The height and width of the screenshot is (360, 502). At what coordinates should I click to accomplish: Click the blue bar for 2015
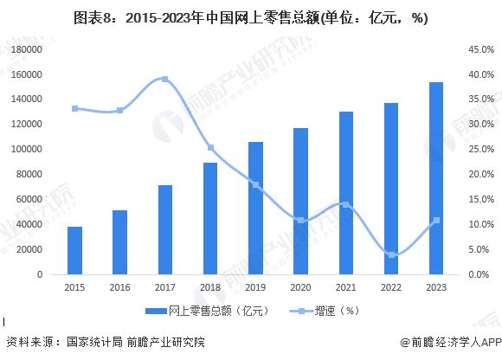tap(75, 251)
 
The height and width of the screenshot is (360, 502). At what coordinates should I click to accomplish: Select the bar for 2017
tap(164, 230)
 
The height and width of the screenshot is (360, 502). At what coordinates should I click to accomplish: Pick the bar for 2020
tap(300, 202)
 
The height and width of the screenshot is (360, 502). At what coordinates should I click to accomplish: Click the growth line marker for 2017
tap(164, 80)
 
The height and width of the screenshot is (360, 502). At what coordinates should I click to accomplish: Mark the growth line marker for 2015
tap(75, 108)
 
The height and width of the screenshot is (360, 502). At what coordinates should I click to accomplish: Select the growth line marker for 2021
tap(345, 204)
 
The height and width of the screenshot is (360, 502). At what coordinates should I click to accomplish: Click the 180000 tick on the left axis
tap(29, 50)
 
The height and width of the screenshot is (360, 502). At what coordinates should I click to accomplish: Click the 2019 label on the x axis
tap(255, 287)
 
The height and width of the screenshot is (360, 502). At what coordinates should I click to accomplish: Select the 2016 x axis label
tap(120, 287)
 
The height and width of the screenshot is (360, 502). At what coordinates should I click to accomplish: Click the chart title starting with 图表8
tap(251, 17)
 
